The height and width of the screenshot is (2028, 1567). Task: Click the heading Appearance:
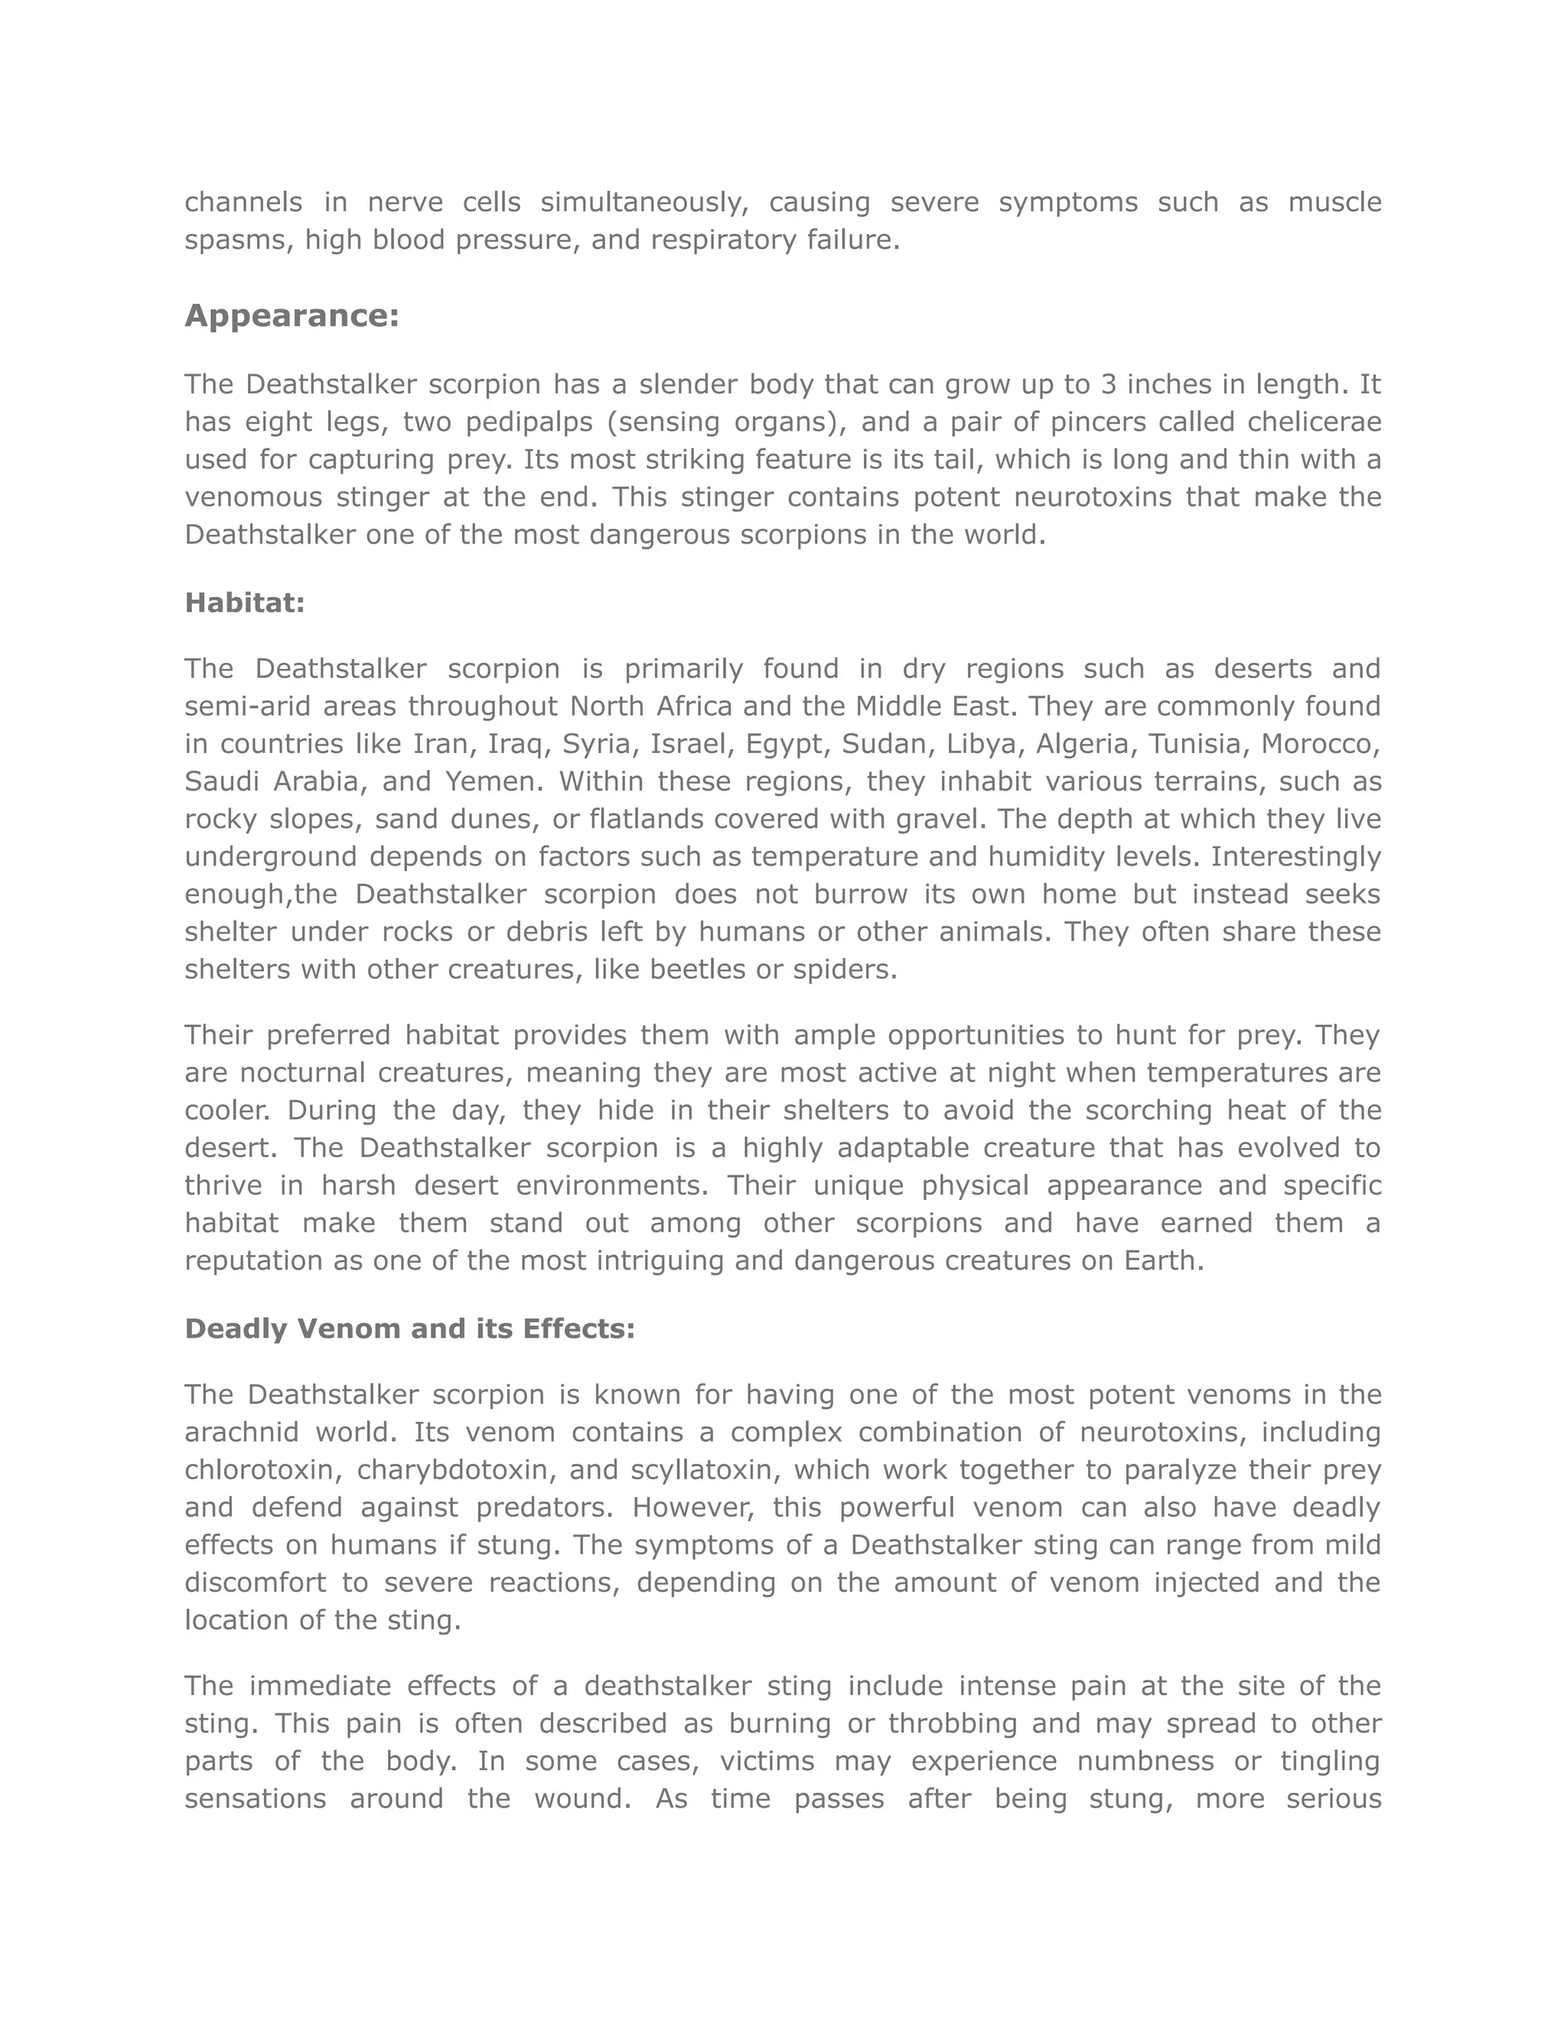(x=292, y=317)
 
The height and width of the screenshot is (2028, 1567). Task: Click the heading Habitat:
(x=245, y=604)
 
